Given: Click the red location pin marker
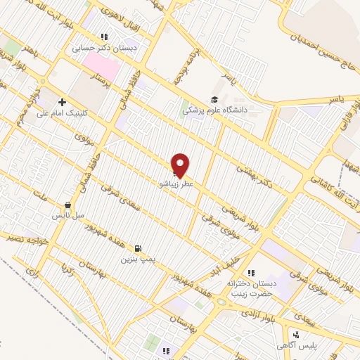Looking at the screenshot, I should tap(181, 165).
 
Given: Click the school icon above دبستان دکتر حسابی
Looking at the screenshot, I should tap(104, 37).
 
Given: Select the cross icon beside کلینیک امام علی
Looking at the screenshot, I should tap(63, 103).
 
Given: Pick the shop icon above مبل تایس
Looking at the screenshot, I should tap(67, 205).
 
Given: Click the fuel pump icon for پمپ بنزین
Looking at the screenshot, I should tap(136, 248).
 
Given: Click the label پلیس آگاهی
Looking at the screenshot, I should tap(302, 347).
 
